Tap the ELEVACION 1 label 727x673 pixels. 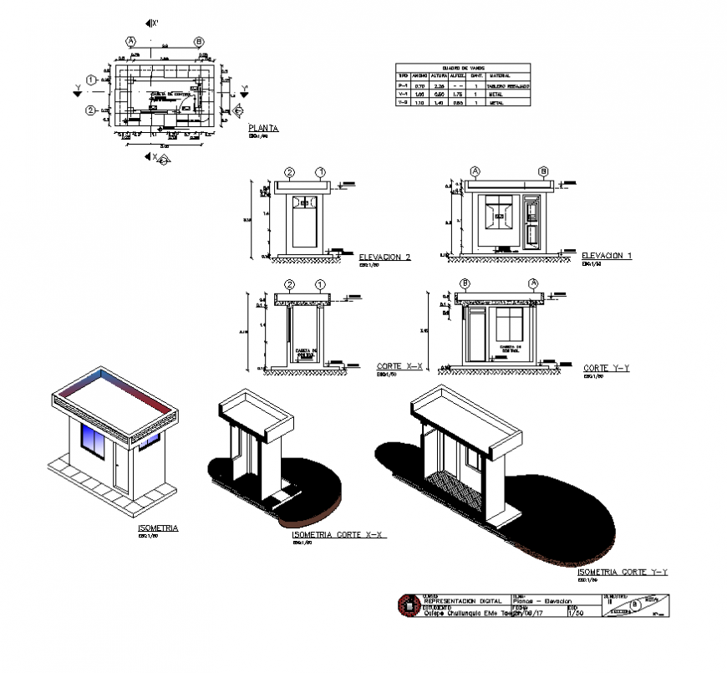[606, 255]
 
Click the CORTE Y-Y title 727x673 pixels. [607, 368]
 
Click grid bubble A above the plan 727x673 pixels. [130, 41]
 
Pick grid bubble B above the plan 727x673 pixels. [199, 41]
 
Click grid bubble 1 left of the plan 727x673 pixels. [90, 80]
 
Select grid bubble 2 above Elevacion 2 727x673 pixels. [289, 171]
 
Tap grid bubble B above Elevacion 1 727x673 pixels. [542, 171]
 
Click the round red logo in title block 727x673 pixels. [407, 604]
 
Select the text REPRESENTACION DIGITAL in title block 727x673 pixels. [463, 601]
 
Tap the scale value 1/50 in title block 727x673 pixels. [575, 614]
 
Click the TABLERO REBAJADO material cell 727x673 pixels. [508, 86]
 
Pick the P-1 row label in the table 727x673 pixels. [403, 86]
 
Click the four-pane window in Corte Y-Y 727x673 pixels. [506, 324]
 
